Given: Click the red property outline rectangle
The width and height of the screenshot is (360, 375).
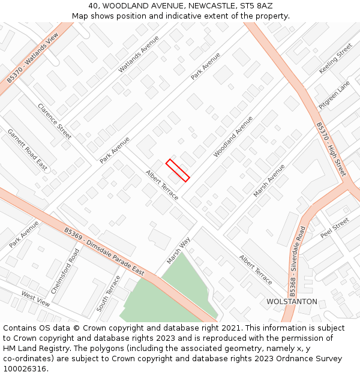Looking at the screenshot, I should [x=178, y=170].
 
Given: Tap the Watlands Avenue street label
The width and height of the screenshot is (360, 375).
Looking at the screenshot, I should [x=139, y=54].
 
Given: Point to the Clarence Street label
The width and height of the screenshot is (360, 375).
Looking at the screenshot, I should [x=55, y=121].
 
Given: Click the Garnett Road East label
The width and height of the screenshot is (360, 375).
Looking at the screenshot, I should [x=28, y=150].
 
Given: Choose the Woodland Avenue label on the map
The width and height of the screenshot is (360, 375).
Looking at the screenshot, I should [x=233, y=137].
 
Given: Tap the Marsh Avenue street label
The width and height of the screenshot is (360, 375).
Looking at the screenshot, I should [x=269, y=180].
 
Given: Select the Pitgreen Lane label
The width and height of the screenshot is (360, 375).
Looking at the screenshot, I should [x=334, y=95].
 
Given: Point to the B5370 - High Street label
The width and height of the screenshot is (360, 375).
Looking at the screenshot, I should [x=331, y=149].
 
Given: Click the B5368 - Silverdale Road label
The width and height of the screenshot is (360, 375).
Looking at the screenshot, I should [x=298, y=262].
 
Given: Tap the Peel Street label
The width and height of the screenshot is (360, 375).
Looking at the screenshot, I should [x=334, y=228].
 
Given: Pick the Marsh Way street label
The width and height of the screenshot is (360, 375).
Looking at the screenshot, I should [x=178, y=250].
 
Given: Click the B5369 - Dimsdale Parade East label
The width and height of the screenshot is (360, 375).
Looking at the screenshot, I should [x=104, y=251].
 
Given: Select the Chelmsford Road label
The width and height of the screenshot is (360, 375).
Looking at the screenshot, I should [x=65, y=271].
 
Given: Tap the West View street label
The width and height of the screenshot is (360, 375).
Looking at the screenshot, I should [x=36, y=299].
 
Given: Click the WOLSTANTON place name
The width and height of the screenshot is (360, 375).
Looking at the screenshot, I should [x=292, y=302].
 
